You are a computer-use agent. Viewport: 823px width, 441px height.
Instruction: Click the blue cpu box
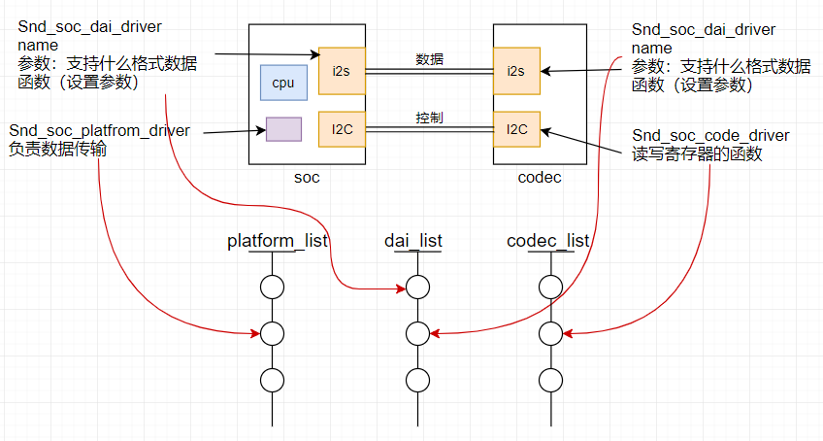(283, 84)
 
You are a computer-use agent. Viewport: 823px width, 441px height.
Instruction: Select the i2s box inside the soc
(342, 70)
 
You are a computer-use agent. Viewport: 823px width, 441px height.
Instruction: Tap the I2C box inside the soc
(342, 128)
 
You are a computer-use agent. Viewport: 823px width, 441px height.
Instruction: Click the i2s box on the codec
(515, 70)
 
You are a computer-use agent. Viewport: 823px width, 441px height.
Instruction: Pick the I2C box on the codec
(515, 128)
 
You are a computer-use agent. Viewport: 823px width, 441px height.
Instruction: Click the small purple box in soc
(283, 129)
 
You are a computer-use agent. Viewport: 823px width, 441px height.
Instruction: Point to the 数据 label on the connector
(430, 59)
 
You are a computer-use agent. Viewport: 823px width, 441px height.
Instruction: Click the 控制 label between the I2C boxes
(430, 118)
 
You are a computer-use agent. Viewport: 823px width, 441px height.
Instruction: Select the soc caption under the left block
(306, 179)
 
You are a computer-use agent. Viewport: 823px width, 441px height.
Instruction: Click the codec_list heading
(549, 240)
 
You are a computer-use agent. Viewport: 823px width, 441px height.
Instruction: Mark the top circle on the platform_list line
(272, 288)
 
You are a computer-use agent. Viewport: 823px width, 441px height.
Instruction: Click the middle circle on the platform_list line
(272, 333)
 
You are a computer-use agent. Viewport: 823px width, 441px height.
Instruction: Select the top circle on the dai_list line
(417, 288)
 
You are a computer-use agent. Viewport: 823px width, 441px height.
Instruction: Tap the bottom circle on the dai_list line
(417, 380)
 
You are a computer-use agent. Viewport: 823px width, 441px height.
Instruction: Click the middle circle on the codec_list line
(550, 333)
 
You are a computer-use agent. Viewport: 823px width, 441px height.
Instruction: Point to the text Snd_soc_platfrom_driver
(99, 131)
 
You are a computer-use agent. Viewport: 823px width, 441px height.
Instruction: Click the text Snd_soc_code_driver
(710, 135)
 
